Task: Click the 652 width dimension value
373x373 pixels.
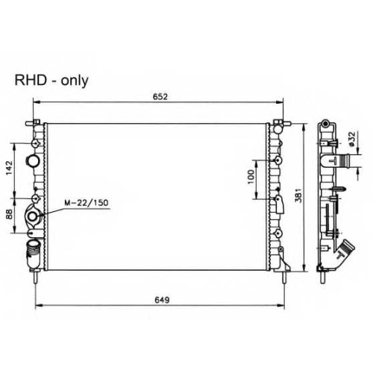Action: (x=160, y=96)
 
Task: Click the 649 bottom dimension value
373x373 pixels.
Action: (x=162, y=300)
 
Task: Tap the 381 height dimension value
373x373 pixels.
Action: (x=298, y=195)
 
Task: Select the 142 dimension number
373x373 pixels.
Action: (x=9, y=168)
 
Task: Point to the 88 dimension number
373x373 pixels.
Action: (x=9, y=214)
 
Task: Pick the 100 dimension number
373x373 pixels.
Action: (x=251, y=177)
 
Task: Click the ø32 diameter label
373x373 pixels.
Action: (x=352, y=139)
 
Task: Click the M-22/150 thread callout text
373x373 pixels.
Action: (x=87, y=203)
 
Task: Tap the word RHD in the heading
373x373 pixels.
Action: (x=31, y=80)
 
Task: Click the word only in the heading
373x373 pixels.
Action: (x=75, y=81)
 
